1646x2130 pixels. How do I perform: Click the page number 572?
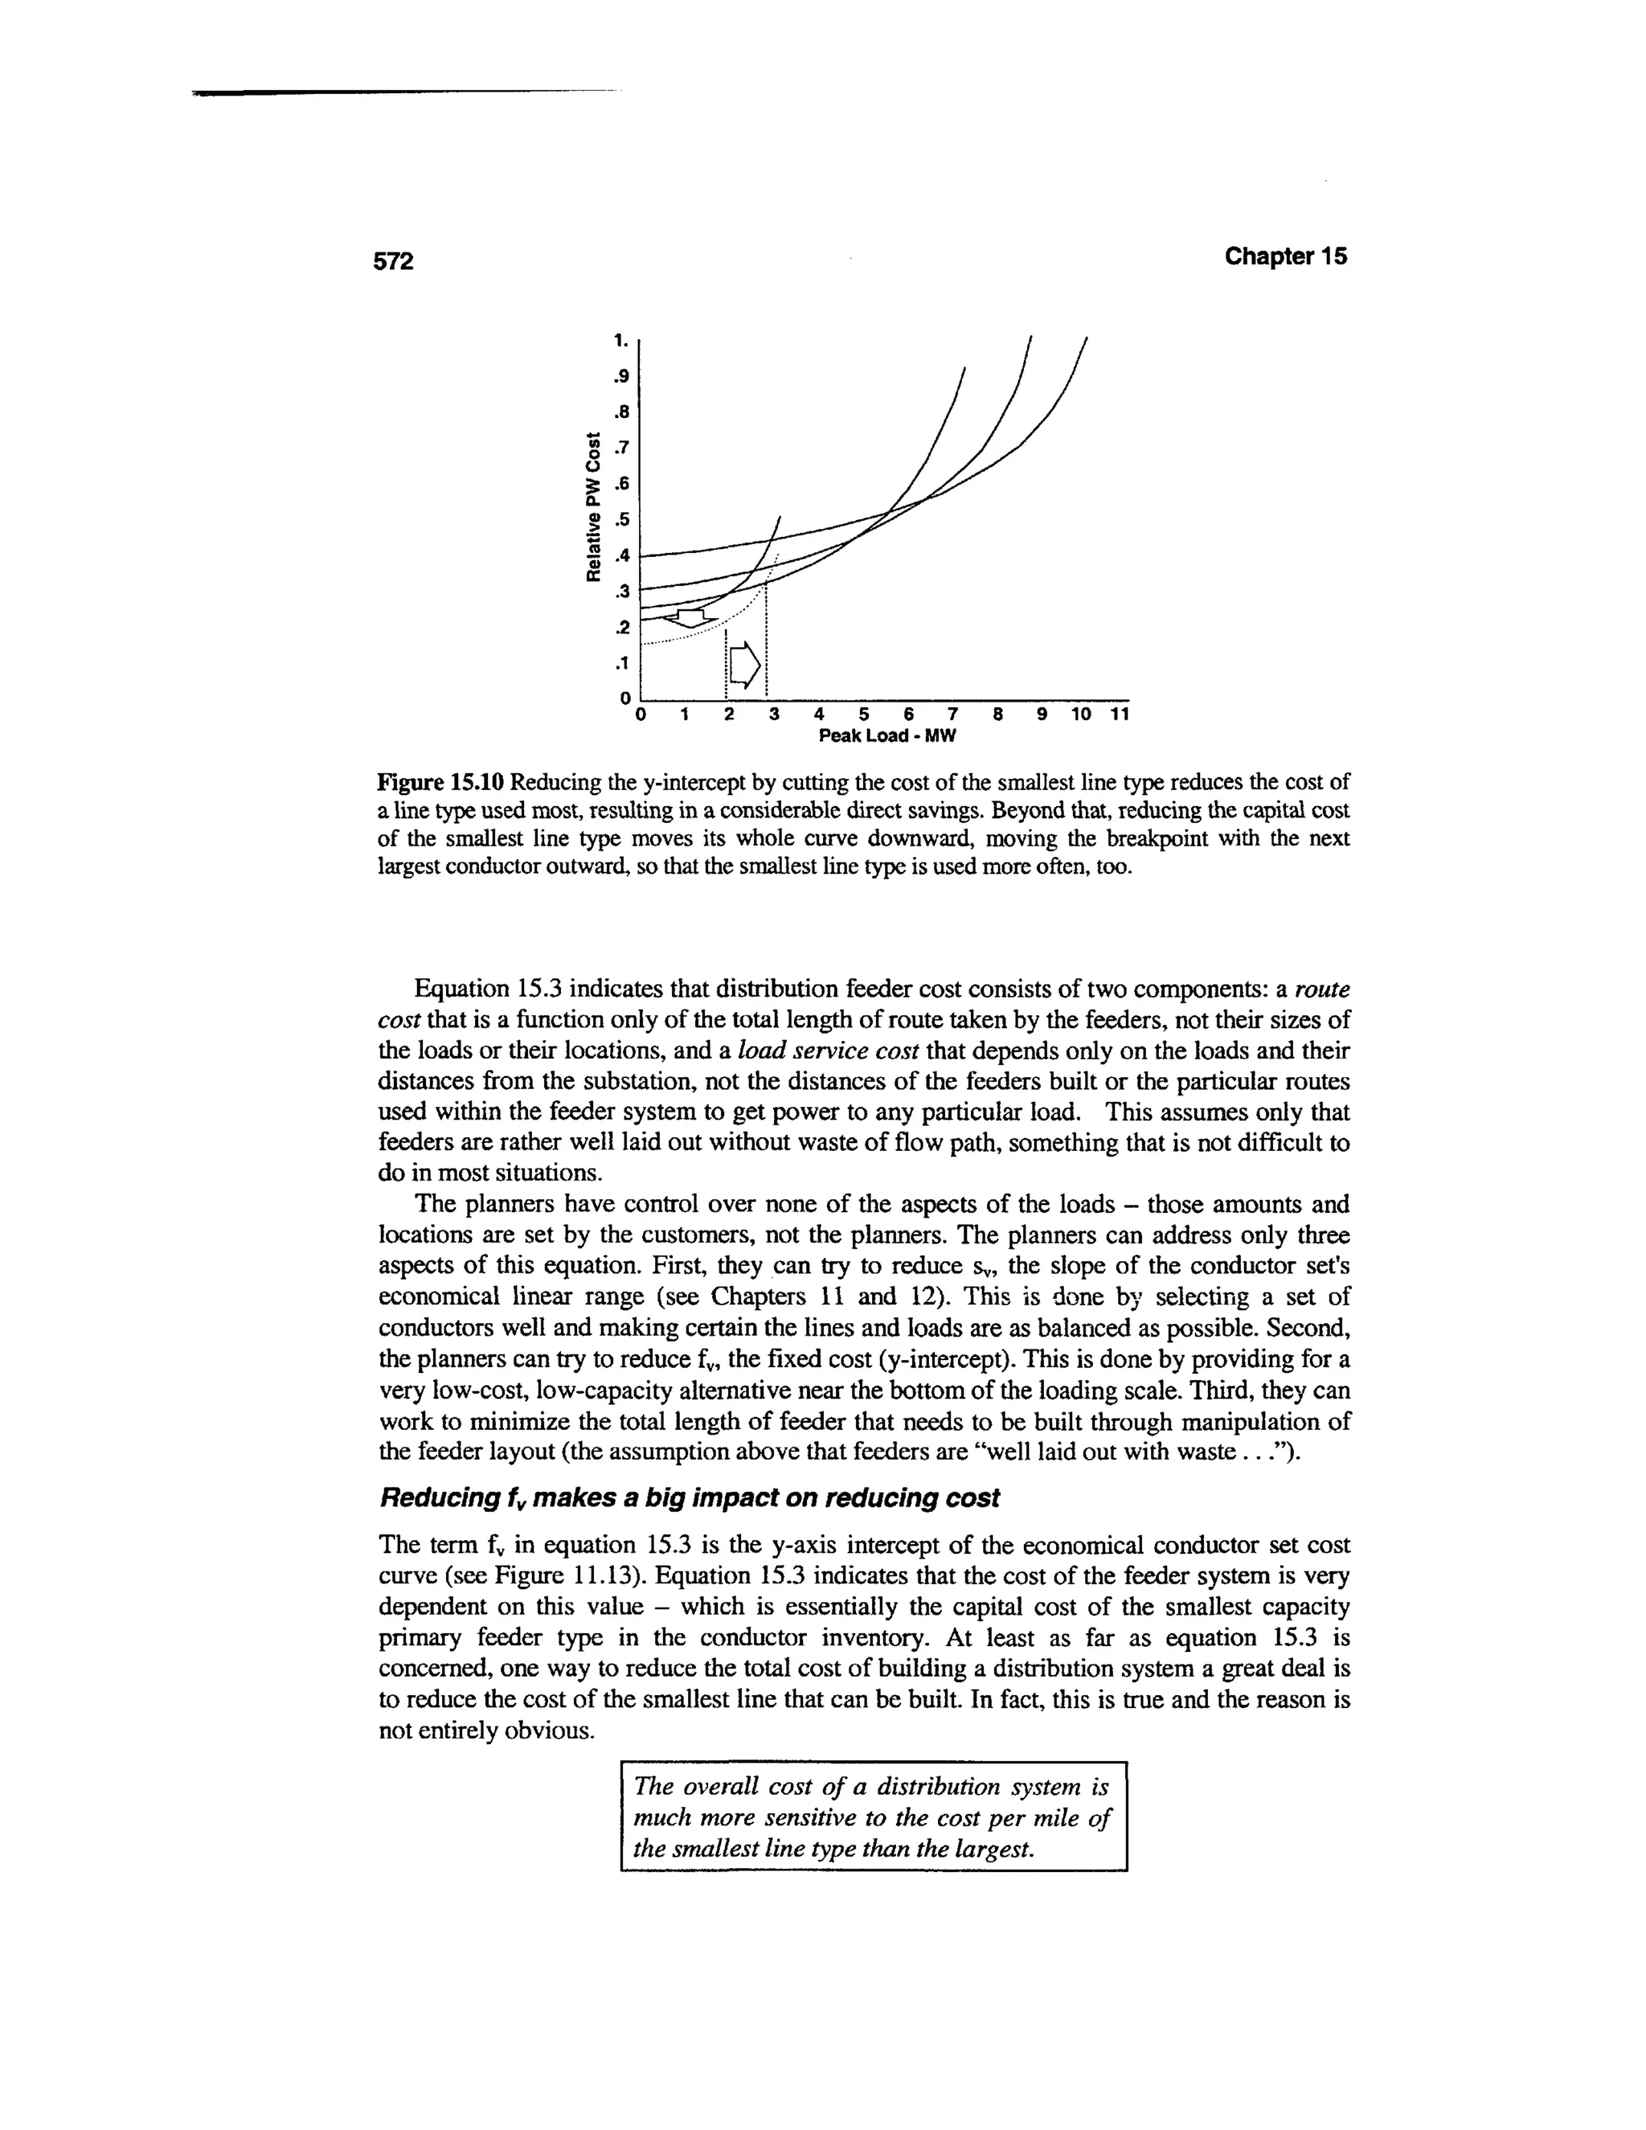click(395, 260)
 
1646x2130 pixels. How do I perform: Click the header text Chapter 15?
click(1285, 256)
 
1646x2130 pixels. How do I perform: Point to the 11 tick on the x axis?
click(1120, 715)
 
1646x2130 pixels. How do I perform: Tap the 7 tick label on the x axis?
click(952, 715)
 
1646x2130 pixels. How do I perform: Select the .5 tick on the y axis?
click(621, 519)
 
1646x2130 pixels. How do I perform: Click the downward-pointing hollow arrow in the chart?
click(690, 618)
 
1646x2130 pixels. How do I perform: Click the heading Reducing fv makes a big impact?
click(689, 1498)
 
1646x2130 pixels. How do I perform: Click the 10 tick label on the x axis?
click(1080, 715)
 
